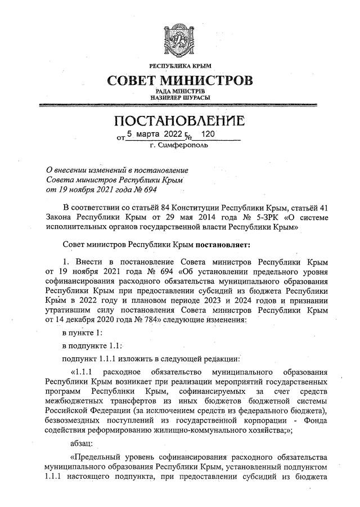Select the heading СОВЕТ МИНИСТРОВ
(180, 81)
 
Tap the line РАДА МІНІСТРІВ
(180, 91)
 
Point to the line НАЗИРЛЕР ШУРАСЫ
(180, 97)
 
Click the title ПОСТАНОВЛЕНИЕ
(180, 121)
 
